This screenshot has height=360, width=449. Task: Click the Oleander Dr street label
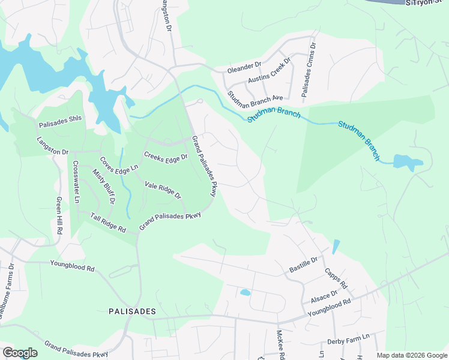click(244, 69)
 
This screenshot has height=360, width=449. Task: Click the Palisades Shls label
click(60, 125)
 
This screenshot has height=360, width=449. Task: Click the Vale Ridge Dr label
click(163, 190)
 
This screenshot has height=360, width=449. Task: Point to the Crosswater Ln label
click(76, 182)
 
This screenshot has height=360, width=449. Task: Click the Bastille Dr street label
click(303, 262)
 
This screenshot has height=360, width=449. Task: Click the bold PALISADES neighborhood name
click(132, 311)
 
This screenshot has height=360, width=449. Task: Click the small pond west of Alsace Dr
click(245, 293)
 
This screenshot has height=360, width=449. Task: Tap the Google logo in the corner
click(19, 353)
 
